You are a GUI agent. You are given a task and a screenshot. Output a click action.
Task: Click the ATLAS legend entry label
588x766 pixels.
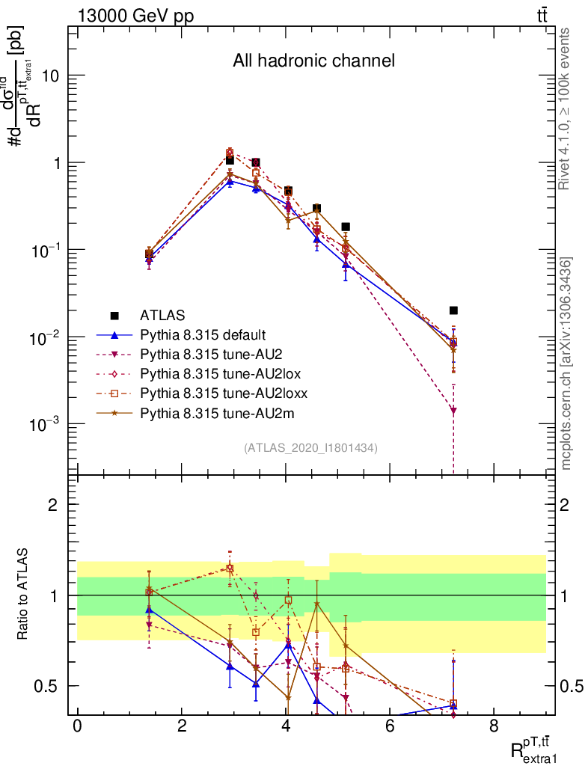[x=163, y=315]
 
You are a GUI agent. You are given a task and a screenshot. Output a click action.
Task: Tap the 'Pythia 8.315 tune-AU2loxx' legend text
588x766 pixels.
[x=213, y=393]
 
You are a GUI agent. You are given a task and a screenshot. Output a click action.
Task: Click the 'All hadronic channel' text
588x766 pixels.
[x=313, y=61]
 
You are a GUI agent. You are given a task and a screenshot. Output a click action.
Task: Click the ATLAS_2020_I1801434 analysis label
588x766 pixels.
[x=310, y=448]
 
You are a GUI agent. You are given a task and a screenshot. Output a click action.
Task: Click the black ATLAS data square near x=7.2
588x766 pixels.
[x=453, y=310]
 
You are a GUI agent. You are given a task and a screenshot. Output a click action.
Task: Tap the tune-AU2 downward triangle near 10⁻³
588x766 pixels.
[x=453, y=410]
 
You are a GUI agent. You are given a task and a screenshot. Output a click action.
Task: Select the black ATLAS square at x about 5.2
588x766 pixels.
[x=346, y=227]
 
